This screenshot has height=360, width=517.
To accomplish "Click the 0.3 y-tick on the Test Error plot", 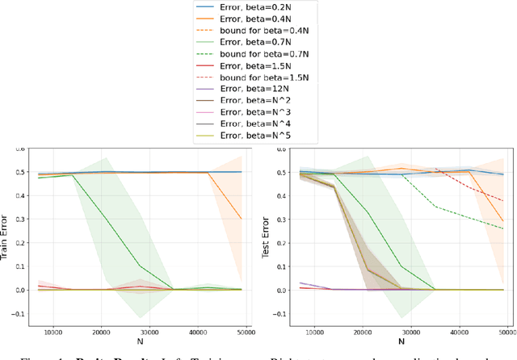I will [x=292, y=220].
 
